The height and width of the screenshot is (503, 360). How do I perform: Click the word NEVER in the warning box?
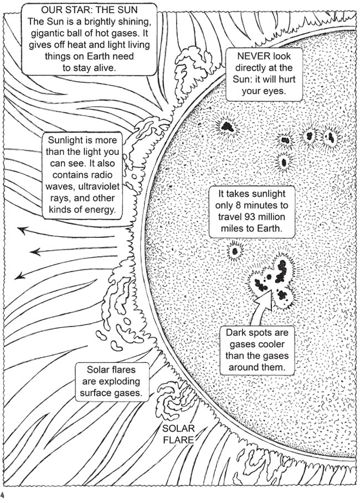250,56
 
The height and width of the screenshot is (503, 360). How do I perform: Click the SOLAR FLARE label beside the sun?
178,434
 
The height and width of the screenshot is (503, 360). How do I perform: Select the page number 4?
2,494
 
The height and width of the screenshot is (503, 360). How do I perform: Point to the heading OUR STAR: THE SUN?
89,10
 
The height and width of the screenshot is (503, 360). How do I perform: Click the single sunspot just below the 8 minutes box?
235,251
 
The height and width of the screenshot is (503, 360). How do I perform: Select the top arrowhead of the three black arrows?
22,230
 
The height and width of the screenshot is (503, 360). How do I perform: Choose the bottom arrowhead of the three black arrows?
20,276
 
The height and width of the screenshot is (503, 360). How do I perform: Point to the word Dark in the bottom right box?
237,333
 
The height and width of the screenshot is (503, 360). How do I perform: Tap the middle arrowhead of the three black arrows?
35,252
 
